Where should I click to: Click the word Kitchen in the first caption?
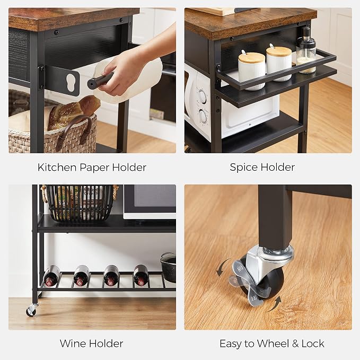point(57,167)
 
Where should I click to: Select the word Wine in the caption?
point(73,344)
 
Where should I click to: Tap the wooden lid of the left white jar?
point(251,58)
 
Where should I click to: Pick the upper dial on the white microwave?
point(203,96)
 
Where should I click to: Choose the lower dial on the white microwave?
point(203,116)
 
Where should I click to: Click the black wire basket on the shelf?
point(80,202)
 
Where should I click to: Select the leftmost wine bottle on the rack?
point(52,276)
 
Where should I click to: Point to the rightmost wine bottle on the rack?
point(141,275)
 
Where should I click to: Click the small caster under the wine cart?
point(31,310)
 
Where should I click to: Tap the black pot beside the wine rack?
point(168,267)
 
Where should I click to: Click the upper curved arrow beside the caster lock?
point(223,267)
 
